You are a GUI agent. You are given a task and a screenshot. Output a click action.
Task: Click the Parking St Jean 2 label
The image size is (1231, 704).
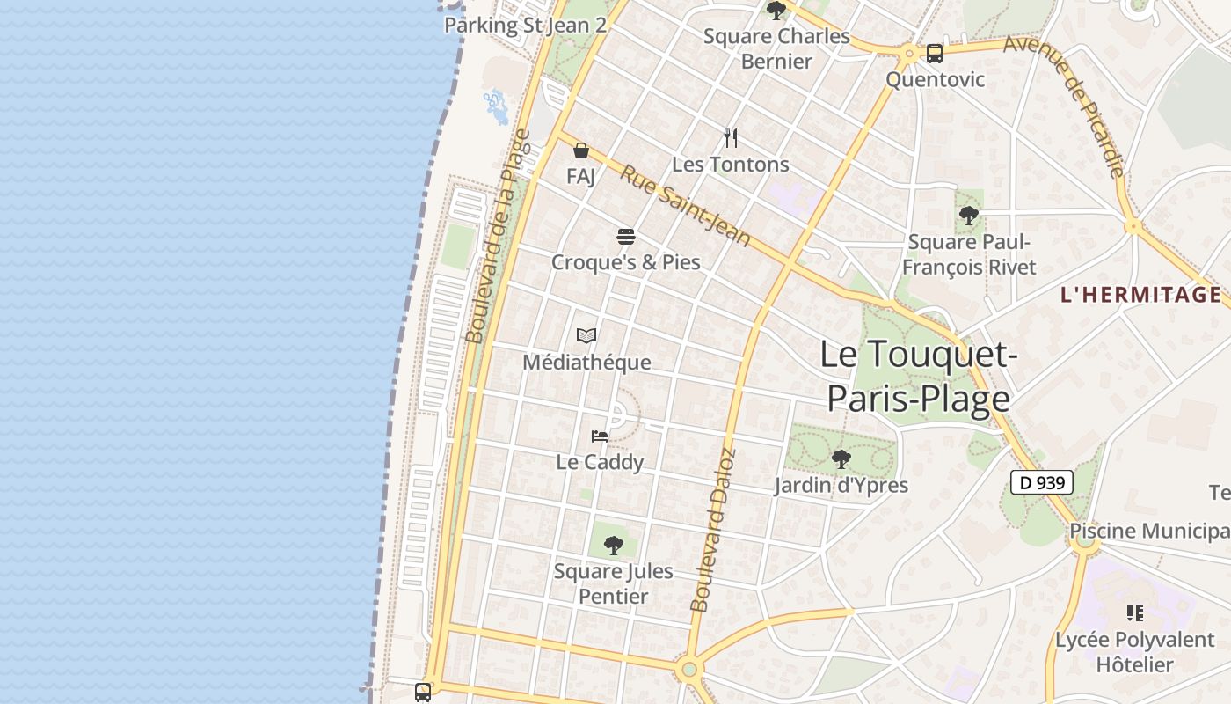(525, 25)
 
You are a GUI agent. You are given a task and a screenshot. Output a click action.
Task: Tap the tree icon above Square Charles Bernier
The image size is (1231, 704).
(776, 11)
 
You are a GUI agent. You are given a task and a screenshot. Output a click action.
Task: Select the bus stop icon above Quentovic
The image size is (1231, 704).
(935, 54)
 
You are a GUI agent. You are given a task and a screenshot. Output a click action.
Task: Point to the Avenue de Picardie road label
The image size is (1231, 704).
(1064, 106)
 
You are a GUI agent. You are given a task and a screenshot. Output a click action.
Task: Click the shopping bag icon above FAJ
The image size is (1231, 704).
(581, 150)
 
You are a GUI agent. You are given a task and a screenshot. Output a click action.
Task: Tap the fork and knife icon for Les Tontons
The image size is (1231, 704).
(731, 137)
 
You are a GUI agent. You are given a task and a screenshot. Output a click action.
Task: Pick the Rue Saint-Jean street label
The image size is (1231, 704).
(685, 205)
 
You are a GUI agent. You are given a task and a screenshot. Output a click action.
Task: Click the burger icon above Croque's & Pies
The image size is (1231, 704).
(626, 236)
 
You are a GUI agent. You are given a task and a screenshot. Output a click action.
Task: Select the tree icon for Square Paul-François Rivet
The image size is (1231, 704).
(969, 215)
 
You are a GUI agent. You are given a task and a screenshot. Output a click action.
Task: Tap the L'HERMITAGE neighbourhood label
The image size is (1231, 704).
(1140, 295)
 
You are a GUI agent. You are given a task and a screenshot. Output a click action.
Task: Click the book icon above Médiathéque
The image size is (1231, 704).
(586, 335)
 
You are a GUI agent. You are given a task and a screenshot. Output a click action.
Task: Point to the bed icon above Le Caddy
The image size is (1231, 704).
(600, 436)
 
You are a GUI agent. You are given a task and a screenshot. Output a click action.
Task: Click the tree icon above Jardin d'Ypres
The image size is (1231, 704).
(841, 458)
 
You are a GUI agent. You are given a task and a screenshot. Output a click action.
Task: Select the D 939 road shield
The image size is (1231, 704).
(1041, 482)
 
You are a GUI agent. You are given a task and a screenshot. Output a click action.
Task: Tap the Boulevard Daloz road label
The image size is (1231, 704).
(712, 531)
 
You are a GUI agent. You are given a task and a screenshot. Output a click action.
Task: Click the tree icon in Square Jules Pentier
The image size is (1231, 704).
(614, 546)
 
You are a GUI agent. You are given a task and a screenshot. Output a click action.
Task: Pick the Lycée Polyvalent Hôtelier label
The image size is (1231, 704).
(1134, 652)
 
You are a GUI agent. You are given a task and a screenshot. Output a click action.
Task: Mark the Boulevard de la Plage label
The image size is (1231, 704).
(498, 236)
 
